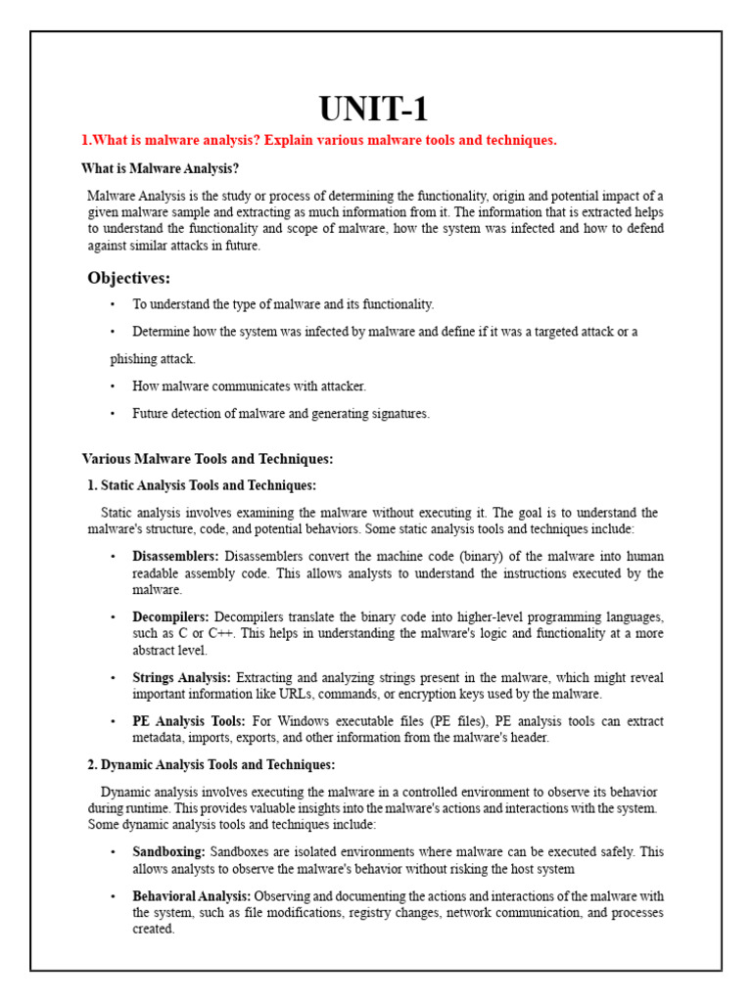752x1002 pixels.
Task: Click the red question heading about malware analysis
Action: pos(318,141)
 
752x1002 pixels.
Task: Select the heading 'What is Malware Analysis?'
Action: pos(160,168)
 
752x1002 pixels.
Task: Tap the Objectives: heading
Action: pos(129,278)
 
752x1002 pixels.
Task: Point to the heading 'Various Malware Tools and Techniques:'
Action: pos(208,458)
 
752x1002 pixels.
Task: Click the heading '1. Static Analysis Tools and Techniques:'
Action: pos(203,485)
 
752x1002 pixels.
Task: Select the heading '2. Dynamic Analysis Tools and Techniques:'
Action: pos(211,764)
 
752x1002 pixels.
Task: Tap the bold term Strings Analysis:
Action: pos(182,677)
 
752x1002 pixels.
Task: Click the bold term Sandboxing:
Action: pos(168,852)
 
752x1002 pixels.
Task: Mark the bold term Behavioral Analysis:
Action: pos(192,895)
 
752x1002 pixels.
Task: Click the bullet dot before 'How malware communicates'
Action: pos(114,387)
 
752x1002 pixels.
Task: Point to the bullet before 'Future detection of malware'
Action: pos(114,414)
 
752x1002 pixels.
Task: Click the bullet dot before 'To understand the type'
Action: pos(114,305)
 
